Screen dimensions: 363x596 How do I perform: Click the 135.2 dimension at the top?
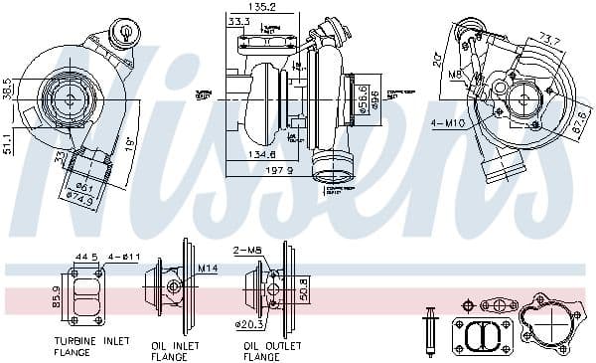[263, 7]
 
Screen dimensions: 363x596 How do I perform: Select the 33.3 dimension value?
[238, 20]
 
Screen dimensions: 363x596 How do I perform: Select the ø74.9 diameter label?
[81, 198]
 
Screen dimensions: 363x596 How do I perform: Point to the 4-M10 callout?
[447, 122]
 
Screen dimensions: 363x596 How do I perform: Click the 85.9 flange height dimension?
[56, 295]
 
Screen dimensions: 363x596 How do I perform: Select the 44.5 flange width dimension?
[85, 258]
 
